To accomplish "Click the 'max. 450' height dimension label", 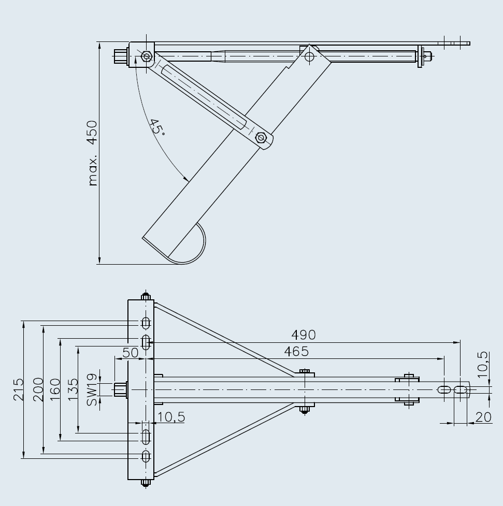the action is pos(93,153).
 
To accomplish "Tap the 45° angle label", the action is pos(157,127).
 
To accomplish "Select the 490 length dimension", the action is pos(304,335).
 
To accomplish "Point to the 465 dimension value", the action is pos(296,352).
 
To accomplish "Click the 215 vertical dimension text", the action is pos(19,390).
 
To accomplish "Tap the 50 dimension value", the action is pos(131,353).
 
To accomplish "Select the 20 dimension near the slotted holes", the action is pos(483,417).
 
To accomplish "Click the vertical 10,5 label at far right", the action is pos(483,365).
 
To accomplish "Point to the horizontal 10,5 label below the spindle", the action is pos(171,417).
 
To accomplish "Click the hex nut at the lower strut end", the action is pos(261,138).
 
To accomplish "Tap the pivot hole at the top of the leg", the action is pos(309,57).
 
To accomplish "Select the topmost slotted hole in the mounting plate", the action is pos(146,323).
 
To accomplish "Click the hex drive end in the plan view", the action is pos(120,390).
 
